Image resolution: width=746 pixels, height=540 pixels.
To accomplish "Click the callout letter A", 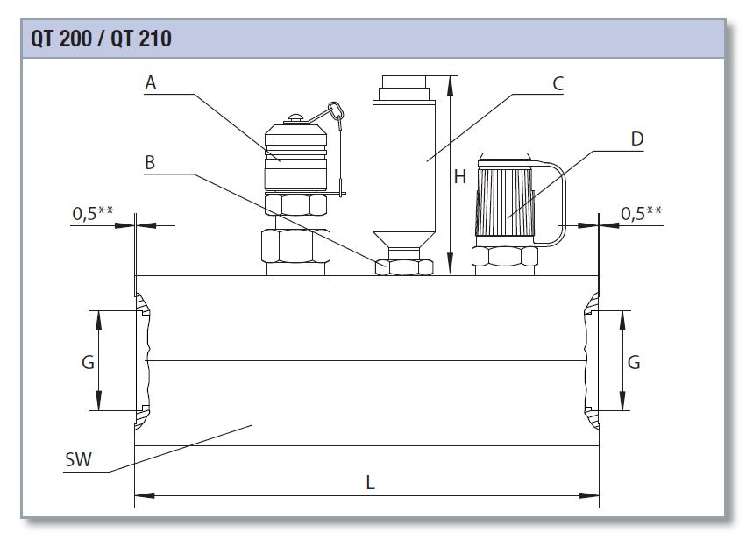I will [151, 83].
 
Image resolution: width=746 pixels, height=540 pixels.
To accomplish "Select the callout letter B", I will [150, 162].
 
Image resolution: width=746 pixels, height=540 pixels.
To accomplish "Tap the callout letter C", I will [558, 83].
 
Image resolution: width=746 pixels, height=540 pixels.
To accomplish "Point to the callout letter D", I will [636, 139].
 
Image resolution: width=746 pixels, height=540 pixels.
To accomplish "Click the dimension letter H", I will [459, 177].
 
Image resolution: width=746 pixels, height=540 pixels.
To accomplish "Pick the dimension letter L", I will [370, 483].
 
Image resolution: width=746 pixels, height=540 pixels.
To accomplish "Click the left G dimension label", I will [88, 361].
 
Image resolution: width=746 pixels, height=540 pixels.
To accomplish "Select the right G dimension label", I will [634, 361].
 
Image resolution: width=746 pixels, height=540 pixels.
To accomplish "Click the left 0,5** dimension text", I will [93, 213].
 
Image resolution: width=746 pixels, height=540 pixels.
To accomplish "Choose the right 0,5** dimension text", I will [641, 213].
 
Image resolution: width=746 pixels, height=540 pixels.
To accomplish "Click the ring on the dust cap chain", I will [335, 111].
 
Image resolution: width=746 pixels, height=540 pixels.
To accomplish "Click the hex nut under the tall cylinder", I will [403, 267].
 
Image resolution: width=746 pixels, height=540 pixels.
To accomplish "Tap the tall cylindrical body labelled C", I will [403, 167].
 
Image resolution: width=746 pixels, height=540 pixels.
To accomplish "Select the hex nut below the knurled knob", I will [505, 256].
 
